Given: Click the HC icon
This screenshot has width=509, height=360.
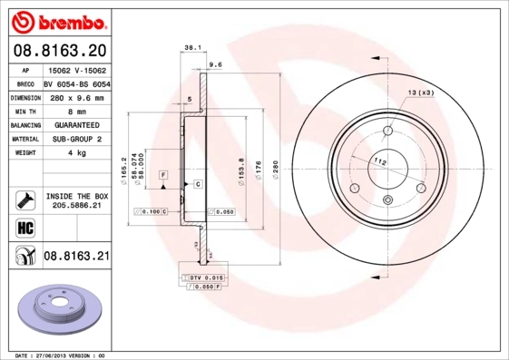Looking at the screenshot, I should click(24, 227).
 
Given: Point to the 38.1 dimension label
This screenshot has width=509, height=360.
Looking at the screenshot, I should click(192, 46).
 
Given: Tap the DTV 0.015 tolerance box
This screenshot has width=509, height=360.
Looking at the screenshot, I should click(202, 276).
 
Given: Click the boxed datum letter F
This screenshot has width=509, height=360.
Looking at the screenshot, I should click(163, 173).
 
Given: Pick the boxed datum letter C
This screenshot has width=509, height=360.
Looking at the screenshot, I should click(197, 184).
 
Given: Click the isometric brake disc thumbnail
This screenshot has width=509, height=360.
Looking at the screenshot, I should click(62, 311).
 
